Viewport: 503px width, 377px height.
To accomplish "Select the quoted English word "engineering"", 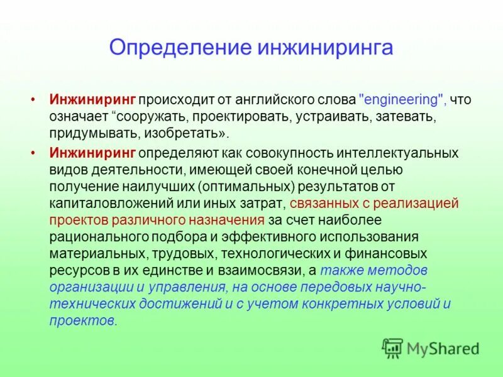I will [x=402, y=100].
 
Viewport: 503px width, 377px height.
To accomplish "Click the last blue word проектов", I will [x=82, y=320].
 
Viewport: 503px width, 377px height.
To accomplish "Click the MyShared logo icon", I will [x=392, y=347].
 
